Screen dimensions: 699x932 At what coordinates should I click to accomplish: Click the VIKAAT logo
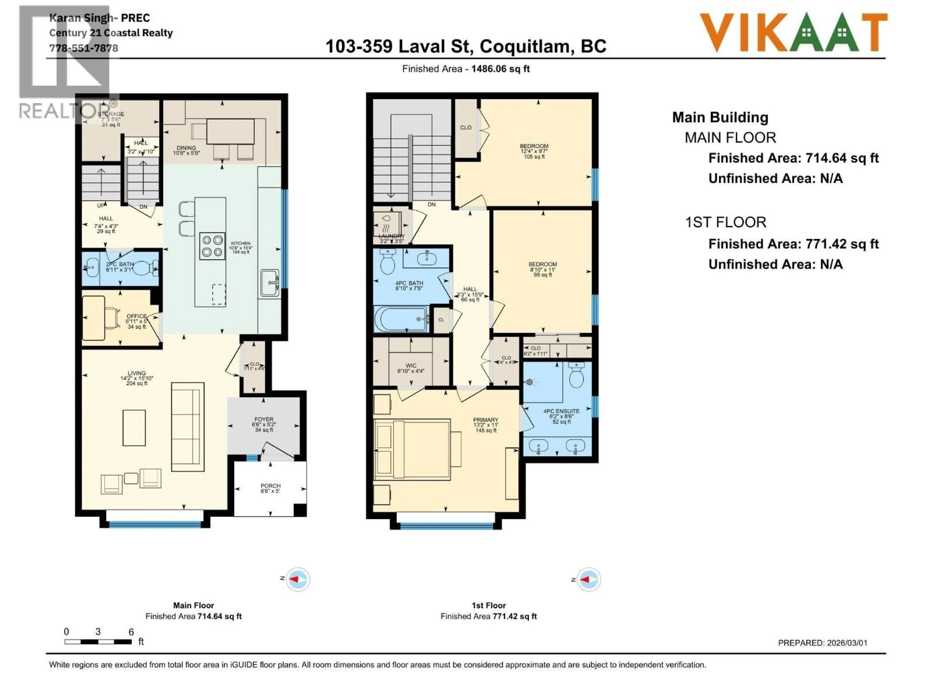click(x=793, y=33)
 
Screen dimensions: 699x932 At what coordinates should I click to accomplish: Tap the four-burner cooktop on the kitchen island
click(x=212, y=246)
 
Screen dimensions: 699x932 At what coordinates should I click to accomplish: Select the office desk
click(x=93, y=318)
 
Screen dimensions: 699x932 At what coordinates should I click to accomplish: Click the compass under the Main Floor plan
click(x=298, y=579)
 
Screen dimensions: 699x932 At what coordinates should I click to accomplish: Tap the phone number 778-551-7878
click(x=84, y=48)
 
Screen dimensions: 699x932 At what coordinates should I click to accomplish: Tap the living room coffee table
click(x=134, y=428)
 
